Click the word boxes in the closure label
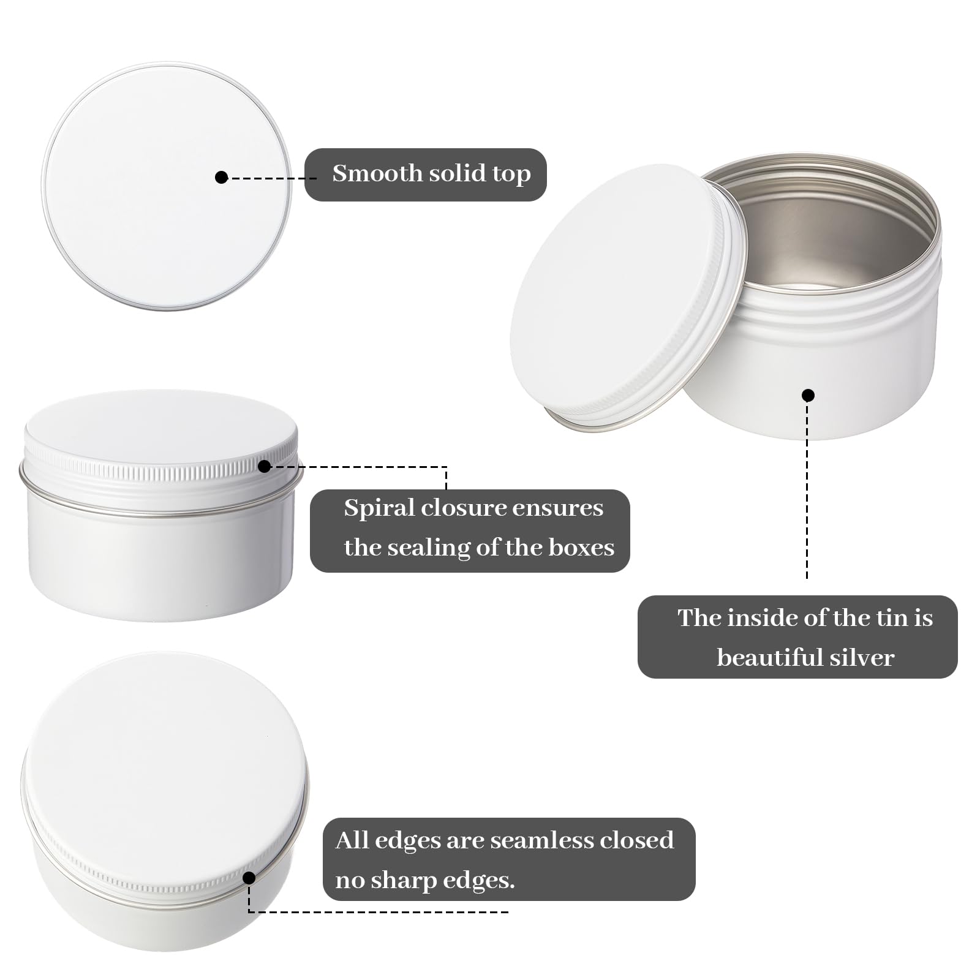coord(581,547)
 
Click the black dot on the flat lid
coord(222,177)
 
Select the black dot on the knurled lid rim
coord(264,467)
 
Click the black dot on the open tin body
coord(808,395)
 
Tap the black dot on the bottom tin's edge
coord(249,878)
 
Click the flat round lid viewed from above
coord(167,186)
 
